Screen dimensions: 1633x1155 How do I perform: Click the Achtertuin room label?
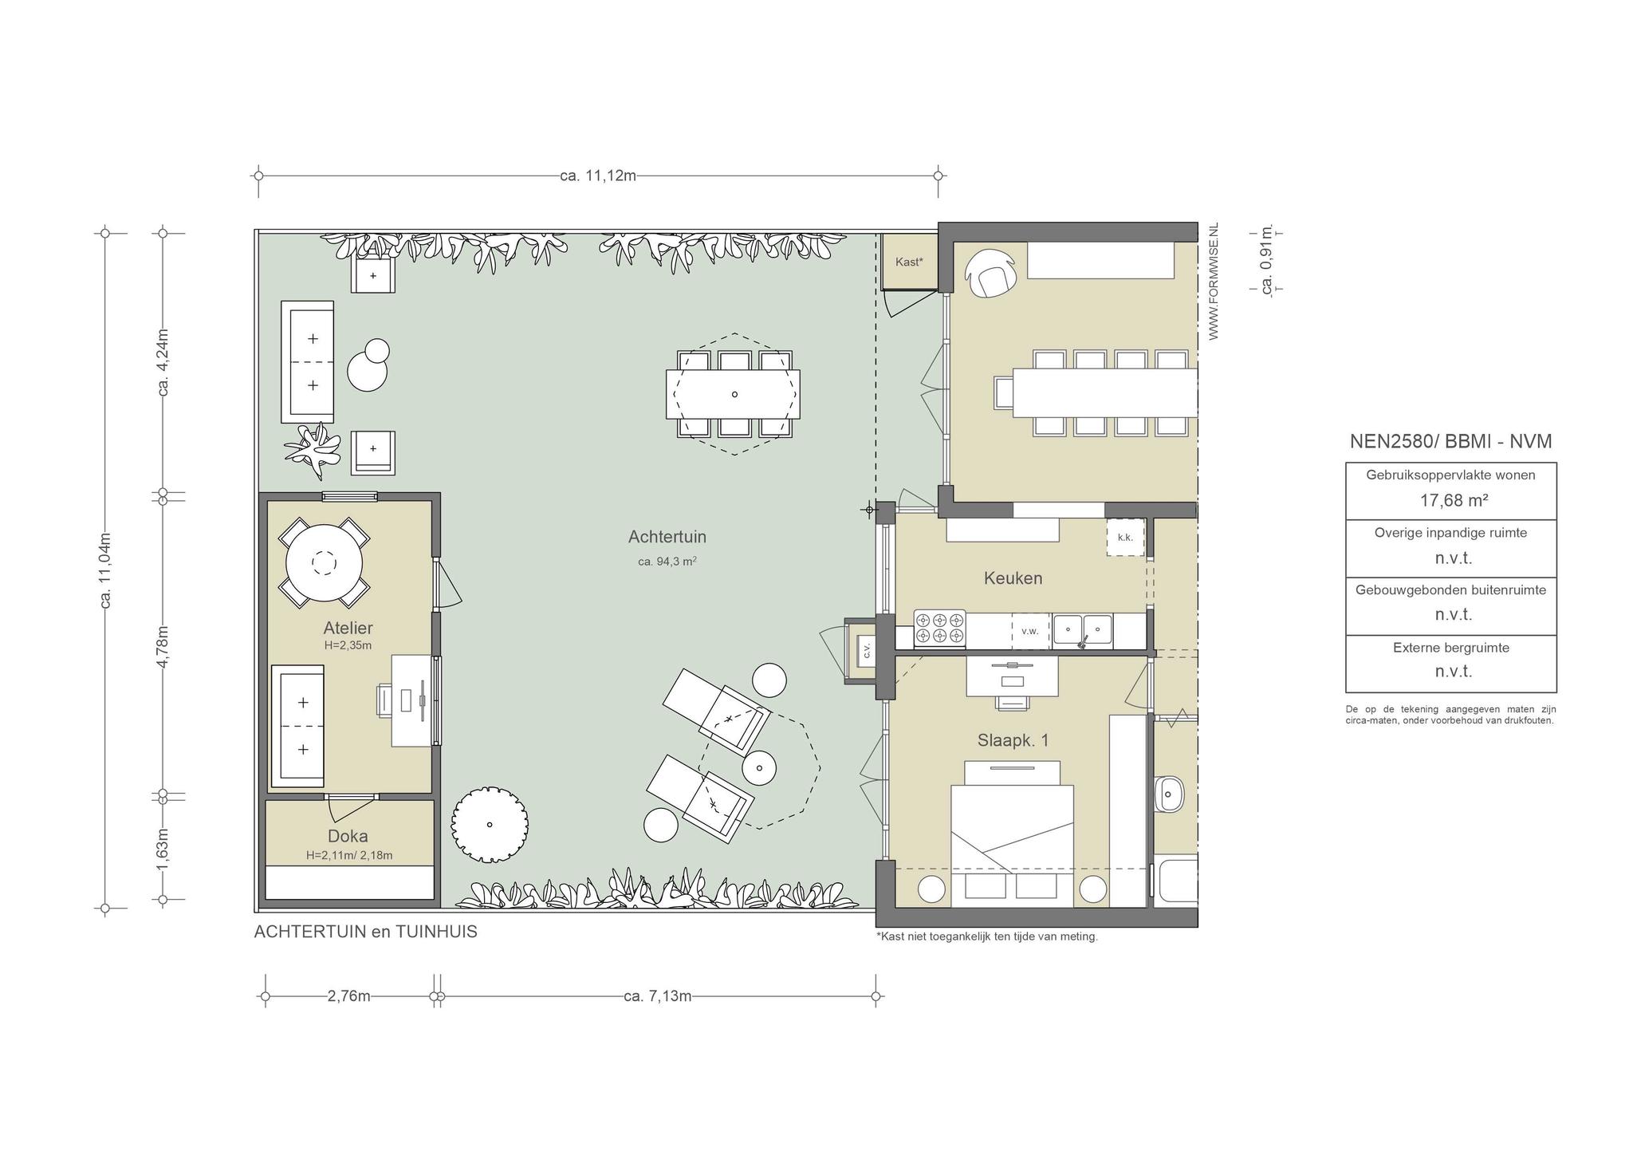(667, 537)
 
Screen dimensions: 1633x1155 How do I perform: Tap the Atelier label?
(348, 628)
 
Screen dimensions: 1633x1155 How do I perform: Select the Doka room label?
(348, 836)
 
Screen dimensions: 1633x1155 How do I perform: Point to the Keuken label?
(1013, 578)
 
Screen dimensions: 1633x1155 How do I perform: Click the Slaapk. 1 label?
(1013, 740)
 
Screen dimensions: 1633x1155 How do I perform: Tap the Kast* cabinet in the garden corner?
(909, 262)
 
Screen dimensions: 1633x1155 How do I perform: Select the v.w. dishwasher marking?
(1030, 631)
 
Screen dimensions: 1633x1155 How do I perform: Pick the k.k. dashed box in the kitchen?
(1125, 538)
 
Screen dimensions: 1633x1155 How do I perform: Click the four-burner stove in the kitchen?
(939, 627)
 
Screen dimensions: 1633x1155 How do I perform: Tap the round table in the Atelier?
(324, 563)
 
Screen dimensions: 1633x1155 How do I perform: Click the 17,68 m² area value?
(1451, 500)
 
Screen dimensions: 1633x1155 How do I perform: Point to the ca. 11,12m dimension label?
(598, 175)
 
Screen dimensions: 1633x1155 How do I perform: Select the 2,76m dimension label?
(349, 996)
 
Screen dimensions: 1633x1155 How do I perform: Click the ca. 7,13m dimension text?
(658, 996)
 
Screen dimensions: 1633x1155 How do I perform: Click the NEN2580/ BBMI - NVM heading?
(1451, 441)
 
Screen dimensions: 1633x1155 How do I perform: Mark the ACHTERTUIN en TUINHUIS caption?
(366, 932)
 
